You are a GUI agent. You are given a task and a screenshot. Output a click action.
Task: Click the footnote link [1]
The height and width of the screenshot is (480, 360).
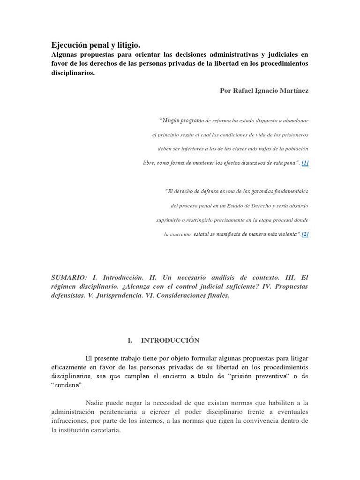pyautogui.click(x=305, y=163)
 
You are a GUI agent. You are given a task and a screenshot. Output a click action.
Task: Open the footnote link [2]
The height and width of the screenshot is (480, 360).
pyautogui.click(x=305, y=234)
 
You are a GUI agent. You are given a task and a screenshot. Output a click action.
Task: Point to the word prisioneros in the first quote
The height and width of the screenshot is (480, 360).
pyautogui.click(x=295, y=135)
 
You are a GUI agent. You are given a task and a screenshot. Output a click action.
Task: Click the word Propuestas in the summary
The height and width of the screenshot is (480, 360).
pyautogui.click(x=292, y=287)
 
